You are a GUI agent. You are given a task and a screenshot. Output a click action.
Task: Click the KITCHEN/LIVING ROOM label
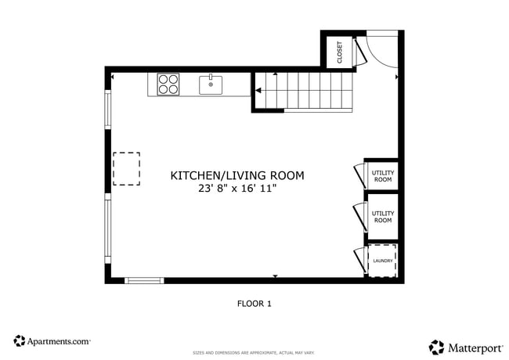pyautogui.click(x=237, y=176)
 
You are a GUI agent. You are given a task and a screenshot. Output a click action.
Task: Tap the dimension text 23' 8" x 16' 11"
pyautogui.click(x=237, y=189)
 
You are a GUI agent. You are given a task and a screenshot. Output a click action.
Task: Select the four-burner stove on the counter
pyautogui.click(x=168, y=84)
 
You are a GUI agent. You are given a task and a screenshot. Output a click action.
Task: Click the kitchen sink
pyautogui.click(x=211, y=84)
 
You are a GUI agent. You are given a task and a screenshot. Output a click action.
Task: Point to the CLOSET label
pyautogui.click(x=340, y=52)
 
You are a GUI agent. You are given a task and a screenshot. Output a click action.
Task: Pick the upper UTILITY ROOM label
pyautogui.click(x=382, y=176)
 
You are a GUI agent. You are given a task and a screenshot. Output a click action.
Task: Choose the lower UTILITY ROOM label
pyautogui.click(x=382, y=217)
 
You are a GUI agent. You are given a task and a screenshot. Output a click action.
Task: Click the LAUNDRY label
pyautogui.click(x=383, y=261)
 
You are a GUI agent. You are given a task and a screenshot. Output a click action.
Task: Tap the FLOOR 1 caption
pyautogui.click(x=254, y=303)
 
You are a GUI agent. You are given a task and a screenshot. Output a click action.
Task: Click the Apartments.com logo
pyautogui.click(x=52, y=341)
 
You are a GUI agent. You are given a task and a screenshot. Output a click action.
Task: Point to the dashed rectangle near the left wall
pyautogui.click(x=126, y=168)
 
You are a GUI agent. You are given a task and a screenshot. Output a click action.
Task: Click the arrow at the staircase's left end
pyautogui.click(x=258, y=92)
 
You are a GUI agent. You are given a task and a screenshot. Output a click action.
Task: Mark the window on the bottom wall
pyautogui.click(x=144, y=279)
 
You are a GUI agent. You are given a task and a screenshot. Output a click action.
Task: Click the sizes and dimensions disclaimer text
pyautogui.click(x=254, y=353)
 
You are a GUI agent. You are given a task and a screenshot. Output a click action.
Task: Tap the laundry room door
pyautogui.click(x=359, y=261)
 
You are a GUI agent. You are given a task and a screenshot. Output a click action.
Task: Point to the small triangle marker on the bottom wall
pyautogui.click(x=275, y=276)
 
